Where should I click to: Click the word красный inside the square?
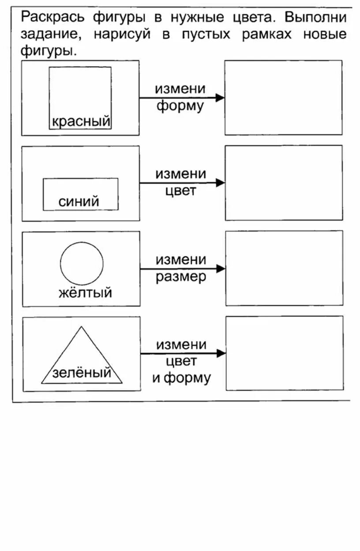[81, 121]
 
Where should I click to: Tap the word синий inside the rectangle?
[79, 202]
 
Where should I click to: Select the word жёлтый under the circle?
[85, 292]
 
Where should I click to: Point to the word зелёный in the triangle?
[82, 373]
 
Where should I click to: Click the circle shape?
[82, 263]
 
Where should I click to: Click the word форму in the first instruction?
[180, 106]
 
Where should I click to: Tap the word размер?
[181, 277]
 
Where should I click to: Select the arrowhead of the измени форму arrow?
[220, 98]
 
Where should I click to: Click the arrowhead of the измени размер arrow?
[221, 268]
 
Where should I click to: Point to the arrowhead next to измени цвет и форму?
[221, 353]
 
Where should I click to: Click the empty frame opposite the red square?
[283, 97]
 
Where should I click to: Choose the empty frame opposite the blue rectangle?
[284, 183]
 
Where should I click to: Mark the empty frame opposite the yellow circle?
[284, 268]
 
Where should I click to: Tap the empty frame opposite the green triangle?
[285, 353]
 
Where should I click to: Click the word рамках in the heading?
[266, 34]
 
